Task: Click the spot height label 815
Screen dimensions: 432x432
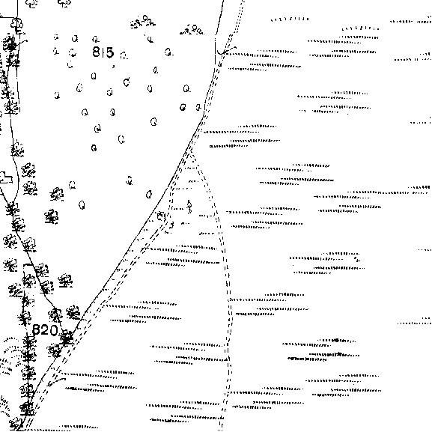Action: (x=103, y=52)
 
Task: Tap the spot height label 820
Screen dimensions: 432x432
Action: (x=45, y=329)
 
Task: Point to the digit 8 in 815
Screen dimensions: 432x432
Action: (x=96, y=52)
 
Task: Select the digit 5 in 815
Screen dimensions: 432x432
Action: (x=109, y=52)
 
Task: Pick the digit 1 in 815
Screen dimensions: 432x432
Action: (x=103, y=52)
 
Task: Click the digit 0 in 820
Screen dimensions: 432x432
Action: (x=53, y=330)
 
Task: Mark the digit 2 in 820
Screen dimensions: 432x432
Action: (x=45, y=329)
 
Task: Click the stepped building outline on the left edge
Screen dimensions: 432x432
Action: (x=6, y=177)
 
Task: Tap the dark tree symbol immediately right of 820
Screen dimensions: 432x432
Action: (x=67, y=337)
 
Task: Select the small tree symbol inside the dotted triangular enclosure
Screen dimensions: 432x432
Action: (x=189, y=207)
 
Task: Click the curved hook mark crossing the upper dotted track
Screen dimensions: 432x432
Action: (x=226, y=51)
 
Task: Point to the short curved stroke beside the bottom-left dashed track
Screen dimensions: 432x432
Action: (x=57, y=381)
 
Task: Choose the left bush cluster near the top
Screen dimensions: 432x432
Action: (x=143, y=22)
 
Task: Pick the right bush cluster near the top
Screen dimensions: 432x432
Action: (x=192, y=29)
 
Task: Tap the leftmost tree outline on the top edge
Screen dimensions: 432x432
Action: (x=31, y=3)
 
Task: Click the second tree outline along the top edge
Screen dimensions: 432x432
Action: (x=64, y=3)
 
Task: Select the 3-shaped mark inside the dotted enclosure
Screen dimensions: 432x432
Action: (x=171, y=225)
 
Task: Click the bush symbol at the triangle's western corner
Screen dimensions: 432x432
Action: (x=161, y=216)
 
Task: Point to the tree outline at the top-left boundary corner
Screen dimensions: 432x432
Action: (x=17, y=24)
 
